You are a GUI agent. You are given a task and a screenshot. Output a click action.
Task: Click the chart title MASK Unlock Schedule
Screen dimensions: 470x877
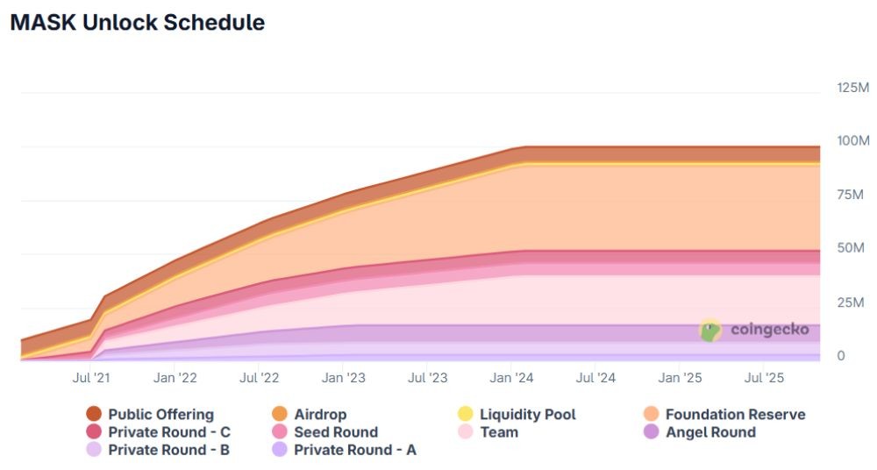point(137,23)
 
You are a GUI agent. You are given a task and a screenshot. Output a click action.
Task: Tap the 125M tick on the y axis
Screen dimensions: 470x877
point(852,88)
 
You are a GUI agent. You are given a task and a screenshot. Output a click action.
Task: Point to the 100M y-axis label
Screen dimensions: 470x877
point(852,141)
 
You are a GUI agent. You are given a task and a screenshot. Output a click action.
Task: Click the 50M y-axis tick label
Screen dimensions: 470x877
point(849,248)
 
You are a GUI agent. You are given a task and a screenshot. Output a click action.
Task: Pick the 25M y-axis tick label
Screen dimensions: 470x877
point(849,303)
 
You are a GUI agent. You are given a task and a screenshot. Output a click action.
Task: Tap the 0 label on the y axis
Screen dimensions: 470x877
point(840,355)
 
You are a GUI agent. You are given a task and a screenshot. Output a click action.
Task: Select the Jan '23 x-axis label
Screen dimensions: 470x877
point(344,378)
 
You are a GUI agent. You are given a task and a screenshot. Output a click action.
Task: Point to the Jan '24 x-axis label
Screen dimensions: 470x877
point(512,378)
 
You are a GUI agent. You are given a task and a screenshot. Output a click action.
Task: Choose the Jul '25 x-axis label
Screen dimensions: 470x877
point(763,378)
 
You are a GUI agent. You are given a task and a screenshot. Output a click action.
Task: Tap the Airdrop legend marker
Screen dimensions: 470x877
point(281,414)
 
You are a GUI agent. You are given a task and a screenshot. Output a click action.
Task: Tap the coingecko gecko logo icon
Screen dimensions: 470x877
point(709,330)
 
